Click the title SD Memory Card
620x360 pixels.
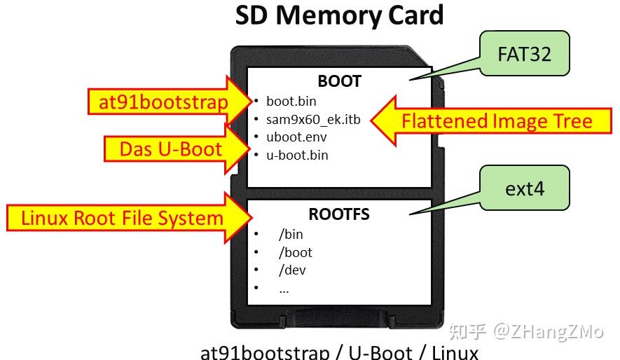pos(339,15)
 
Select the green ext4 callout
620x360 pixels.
pos(525,188)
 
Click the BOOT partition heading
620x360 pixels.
pos(339,81)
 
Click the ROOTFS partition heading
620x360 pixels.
pos(339,214)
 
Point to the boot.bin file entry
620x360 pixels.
pos(291,102)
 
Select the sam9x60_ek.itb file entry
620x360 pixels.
pos(313,120)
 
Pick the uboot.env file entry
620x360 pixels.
pos(296,137)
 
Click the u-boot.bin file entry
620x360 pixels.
pos(297,155)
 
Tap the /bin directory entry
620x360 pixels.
pos(291,235)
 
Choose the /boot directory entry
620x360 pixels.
pos(296,253)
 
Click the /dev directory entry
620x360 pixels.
pos(292,270)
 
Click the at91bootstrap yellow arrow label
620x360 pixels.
pos(163,103)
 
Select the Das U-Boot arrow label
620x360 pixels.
pos(170,148)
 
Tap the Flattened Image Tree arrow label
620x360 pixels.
pos(496,121)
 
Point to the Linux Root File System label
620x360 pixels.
pos(122,218)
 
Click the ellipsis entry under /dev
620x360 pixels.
pos(284,289)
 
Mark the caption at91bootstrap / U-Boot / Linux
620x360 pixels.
pos(339,352)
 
